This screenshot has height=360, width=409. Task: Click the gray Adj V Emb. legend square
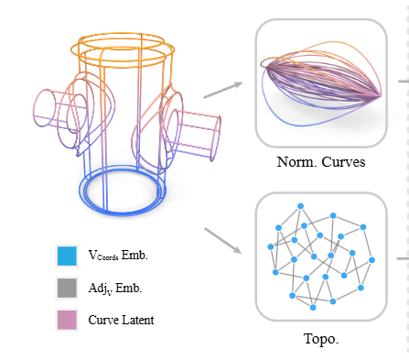click(67, 288)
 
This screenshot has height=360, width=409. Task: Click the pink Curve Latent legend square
click(67, 319)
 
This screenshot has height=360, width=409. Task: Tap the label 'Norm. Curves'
click(320, 162)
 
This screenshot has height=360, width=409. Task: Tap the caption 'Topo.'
click(320, 338)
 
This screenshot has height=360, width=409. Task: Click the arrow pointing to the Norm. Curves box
click(222, 89)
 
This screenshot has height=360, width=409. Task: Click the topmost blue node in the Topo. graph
click(332, 216)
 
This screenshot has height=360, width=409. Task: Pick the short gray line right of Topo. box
click(403, 258)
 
